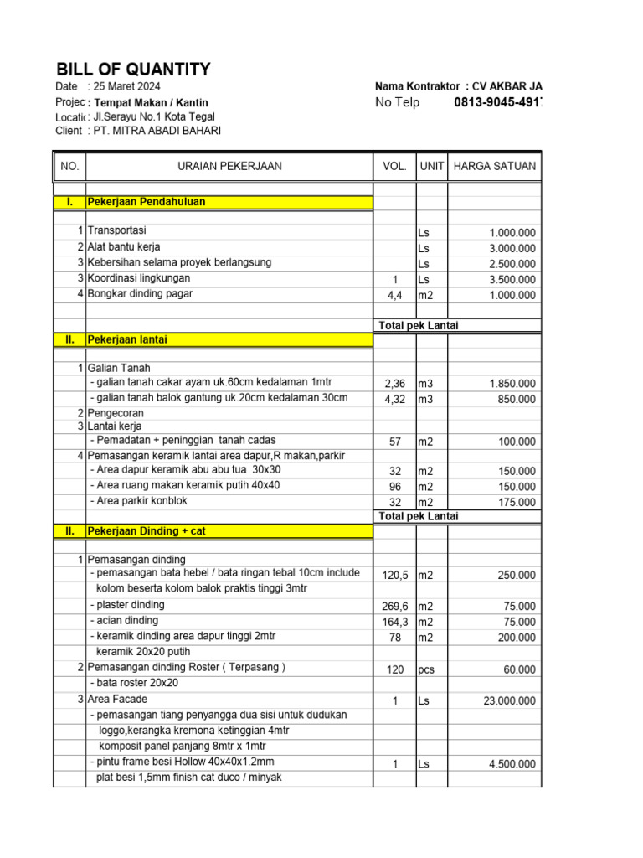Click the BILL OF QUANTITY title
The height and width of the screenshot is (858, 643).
tap(133, 70)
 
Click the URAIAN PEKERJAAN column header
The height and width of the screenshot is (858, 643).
tap(229, 166)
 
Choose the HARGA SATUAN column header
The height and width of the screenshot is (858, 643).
tap(494, 166)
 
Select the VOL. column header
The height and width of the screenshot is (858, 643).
tap(394, 166)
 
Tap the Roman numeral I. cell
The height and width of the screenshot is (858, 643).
tap(69, 202)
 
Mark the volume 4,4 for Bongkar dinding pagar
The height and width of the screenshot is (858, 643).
tap(394, 296)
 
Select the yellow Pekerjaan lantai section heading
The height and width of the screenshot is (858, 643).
tap(128, 339)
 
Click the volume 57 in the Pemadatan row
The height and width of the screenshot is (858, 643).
tap(394, 442)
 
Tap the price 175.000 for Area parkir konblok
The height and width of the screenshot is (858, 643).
tap(513, 503)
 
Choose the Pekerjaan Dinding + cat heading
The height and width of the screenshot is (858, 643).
tap(147, 530)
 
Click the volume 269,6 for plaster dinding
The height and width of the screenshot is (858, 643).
tap(394, 607)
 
